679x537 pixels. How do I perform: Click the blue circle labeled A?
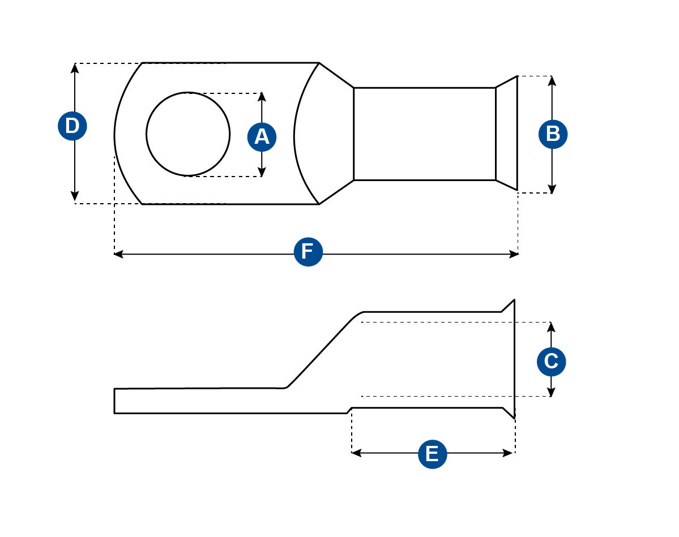pyautogui.click(x=262, y=136)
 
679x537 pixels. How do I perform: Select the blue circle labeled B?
pyautogui.click(x=553, y=134)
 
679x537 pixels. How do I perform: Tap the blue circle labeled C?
pyautogui.click(x=551, y=361)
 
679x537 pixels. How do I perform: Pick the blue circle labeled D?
pyautogui.click(x=72, y=126)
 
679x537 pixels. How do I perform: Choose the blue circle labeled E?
pyautogui.click(x=432, y=454)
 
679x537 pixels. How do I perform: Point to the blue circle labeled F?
pyautogui.click(x=308, y=252)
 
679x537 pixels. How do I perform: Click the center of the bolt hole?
pyautogui.click(x=188, y=134)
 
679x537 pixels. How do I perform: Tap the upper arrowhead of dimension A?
pyautogui.click(x=262, y=97)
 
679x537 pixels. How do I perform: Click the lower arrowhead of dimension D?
pyautogui.click(x=75, y=196)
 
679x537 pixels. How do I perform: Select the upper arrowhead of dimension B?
pyautogui.click(x=553, y=80)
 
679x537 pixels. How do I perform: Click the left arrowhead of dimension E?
pyautogui.click(x=356, y=453)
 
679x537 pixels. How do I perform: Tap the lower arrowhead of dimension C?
pyautogui.click(x=551, y=392)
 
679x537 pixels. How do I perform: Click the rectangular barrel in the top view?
pyautogui.click(x=424, y=134)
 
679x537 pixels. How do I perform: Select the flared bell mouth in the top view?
pyautogui.click(x=507, y=134)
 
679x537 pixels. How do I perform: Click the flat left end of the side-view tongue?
pyautogui.click(x=115, y=401)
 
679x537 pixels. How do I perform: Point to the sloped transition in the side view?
pyautogui.click(x=323, y=351)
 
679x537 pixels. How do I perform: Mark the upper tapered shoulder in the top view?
pyautogui.click(x=336, y=76)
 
